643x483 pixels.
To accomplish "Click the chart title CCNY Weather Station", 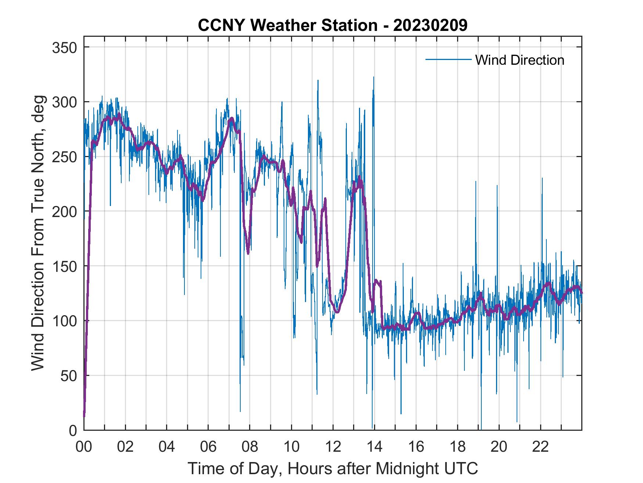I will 287,25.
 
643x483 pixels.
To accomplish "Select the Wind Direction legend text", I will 520,60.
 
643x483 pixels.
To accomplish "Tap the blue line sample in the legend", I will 448,59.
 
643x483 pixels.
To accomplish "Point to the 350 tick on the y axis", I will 65,47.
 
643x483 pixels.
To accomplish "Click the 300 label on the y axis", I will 65,102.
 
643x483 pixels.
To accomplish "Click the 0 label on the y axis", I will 73,430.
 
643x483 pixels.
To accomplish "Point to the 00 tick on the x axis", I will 84,447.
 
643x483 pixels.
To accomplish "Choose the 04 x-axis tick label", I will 167,447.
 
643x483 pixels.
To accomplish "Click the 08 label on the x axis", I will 250,447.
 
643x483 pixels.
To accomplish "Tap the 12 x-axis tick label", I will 333,447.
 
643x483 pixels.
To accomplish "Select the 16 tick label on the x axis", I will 416,447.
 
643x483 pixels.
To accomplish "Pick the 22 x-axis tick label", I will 540,447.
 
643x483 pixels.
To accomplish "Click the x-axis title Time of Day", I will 333,469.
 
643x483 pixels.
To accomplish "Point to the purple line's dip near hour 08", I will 248,253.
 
